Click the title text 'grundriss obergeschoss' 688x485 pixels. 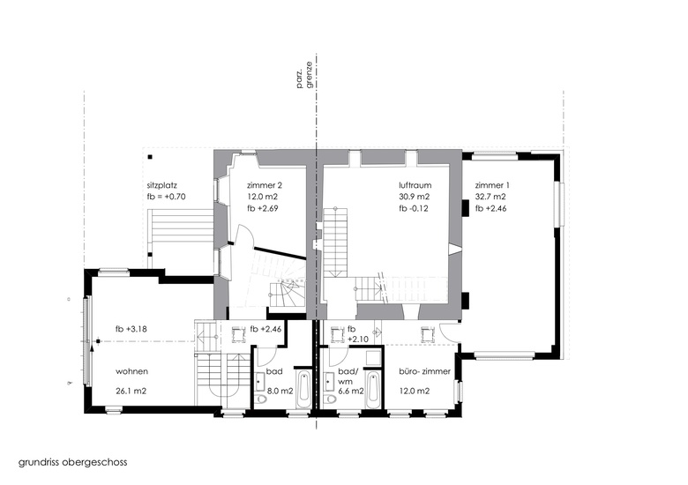73,463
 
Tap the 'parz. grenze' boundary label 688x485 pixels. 306,75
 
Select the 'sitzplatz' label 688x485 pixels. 162,185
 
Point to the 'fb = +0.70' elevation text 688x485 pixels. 167,197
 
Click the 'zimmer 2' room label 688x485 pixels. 262,185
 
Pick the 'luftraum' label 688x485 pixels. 415,185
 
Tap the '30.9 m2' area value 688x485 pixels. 415,197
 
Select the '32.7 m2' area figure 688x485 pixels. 490,197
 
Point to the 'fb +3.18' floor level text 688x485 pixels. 131,329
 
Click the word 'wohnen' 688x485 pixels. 131,371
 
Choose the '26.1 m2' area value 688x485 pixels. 131,392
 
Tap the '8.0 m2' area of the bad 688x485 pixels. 280,392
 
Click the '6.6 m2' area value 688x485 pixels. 351,392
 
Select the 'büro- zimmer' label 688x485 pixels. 425,372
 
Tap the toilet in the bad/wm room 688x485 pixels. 329,399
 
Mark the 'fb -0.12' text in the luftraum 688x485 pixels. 414,209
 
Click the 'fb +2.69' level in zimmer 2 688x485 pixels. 262,208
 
